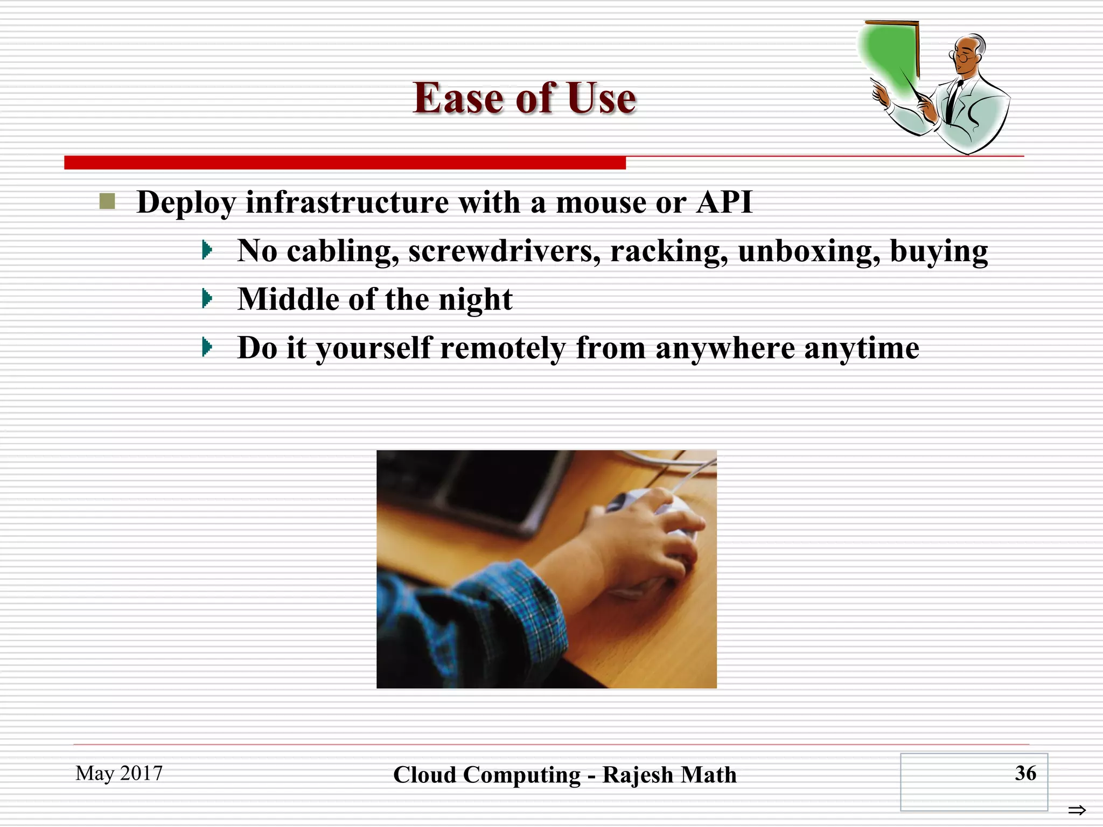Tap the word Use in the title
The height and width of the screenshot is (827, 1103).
pos(601,99)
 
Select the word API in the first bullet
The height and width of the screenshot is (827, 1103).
pos(724,202)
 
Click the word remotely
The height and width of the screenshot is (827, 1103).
pos(503,348)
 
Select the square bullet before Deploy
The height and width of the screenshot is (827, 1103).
pos(107,201)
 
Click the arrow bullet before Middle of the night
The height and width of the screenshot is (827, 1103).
pos(207,298)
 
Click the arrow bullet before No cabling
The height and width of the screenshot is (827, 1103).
pos(207,250)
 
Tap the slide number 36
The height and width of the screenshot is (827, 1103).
pos(1025,773)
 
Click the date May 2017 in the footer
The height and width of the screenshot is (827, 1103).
pos(119,773)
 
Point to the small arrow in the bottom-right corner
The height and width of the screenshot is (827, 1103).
pos(1077,810)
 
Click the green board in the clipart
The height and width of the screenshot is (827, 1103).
pos(889,54)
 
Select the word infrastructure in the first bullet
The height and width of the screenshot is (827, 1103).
pos(347,202)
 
